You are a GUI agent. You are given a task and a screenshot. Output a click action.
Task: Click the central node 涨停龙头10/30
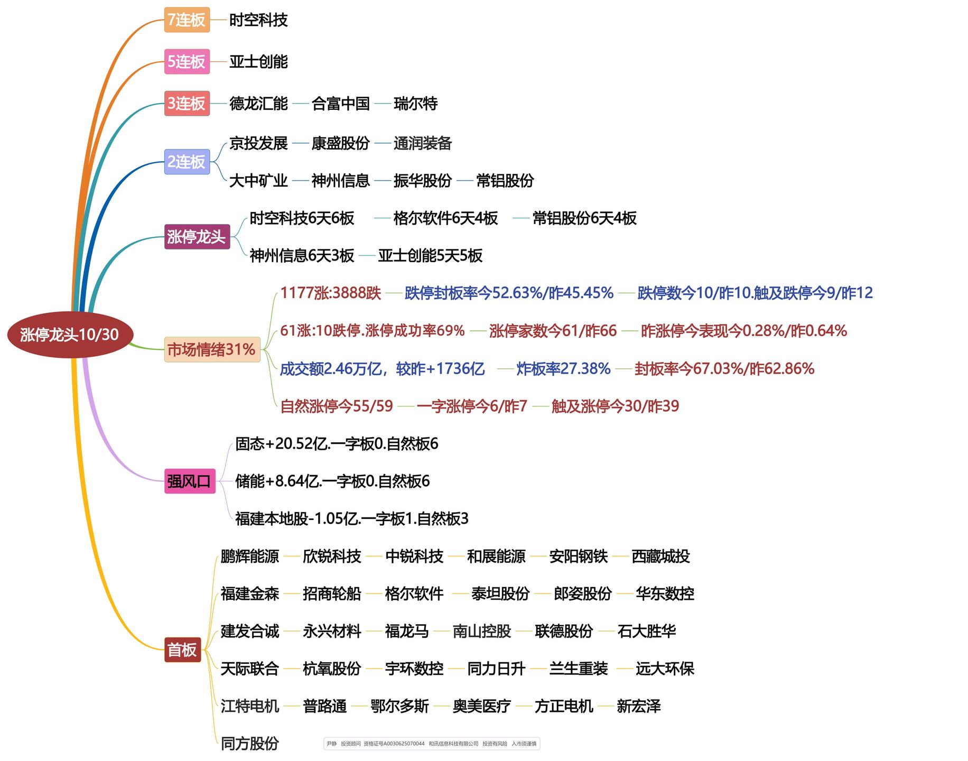pos(70,335)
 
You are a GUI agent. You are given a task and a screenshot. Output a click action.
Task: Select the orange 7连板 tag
pos(187,20)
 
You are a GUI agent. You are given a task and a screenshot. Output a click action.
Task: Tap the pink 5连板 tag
pos(187,62)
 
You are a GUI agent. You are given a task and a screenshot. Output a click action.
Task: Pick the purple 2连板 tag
pos(187,162)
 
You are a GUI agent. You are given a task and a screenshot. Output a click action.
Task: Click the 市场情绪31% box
pos(212,349)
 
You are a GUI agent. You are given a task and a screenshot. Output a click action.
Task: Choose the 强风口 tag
pos(190,481)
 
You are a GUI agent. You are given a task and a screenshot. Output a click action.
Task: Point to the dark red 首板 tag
pos(182,649)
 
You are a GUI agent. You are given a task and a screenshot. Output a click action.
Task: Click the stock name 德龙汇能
pos(258,104)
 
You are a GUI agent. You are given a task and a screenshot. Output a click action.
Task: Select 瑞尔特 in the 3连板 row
pos(415,104)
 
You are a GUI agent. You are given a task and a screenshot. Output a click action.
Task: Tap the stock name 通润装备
pos(423,143)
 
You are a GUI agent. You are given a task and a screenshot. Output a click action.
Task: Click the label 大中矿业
pos(258,181)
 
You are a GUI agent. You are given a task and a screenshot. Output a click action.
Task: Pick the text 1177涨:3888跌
pos(331,293)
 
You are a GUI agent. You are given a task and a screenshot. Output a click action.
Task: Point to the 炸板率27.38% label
pos(564,368)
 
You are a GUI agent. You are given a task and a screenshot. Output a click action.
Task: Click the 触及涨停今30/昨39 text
pos(615,406)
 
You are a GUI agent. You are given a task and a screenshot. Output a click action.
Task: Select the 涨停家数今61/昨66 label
pos(553,331)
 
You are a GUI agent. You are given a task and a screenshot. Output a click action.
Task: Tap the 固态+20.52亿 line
pos(337,443)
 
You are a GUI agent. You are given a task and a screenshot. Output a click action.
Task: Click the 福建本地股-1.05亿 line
pos(352,518)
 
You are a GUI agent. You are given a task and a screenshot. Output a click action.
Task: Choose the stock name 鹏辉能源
pos(250,556)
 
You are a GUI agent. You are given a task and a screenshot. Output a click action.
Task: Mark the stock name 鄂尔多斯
pos(399,706)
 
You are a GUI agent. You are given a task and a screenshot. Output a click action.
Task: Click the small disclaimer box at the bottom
pos(432,744)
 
